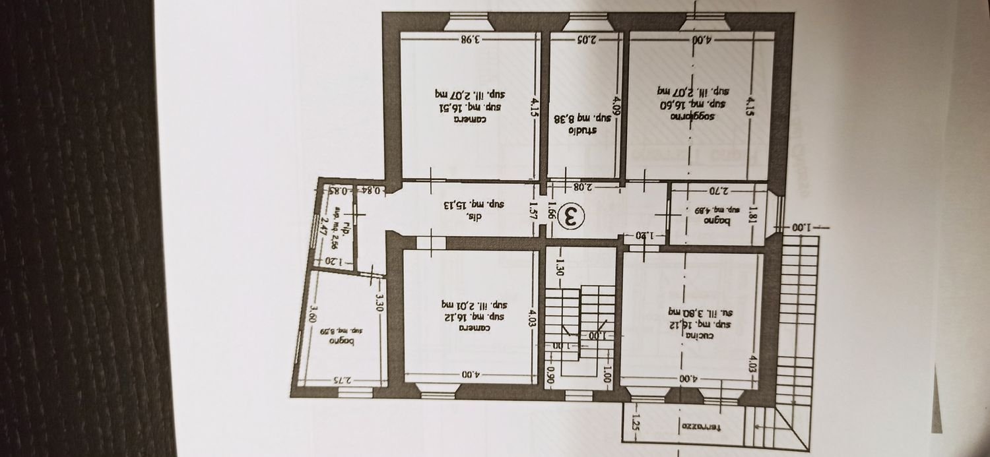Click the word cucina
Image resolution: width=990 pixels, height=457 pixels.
(692, 336)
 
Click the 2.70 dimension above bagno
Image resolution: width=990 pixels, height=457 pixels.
(717, 191)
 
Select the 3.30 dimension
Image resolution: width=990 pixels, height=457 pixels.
(381, 302)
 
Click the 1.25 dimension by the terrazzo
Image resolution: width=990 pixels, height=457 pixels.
(633, 421)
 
